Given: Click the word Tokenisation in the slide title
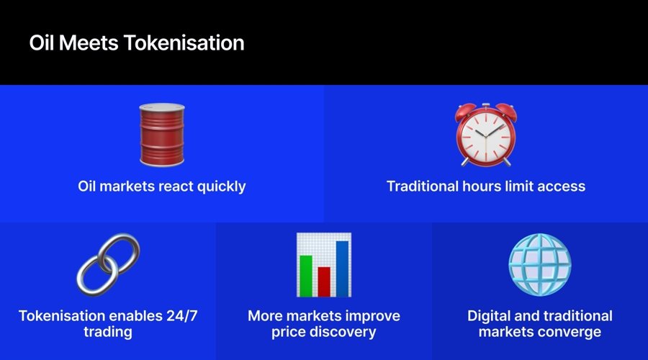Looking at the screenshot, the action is click(x=184, y=43).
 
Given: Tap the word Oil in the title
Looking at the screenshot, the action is click(x=41, y=43).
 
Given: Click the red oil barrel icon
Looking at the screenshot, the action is click(x=162, y=135).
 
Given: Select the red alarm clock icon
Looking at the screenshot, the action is click(x=486, y=135).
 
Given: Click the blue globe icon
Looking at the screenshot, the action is click(x=540, y=265).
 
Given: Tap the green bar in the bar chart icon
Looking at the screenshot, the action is click(x=306, y=276).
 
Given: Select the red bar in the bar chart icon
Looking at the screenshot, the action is click(x=324, y=282).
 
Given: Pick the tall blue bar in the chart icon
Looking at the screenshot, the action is click(x=342, y=269).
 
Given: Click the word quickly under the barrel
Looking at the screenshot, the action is click(x=221, y=186).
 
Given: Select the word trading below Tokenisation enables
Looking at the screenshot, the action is click(x=108, y=333).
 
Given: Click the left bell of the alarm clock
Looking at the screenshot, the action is click(x=465, y=112).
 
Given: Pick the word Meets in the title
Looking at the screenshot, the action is click(x=89, y=43).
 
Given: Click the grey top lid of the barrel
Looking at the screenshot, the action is click(x=162, y=107).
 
